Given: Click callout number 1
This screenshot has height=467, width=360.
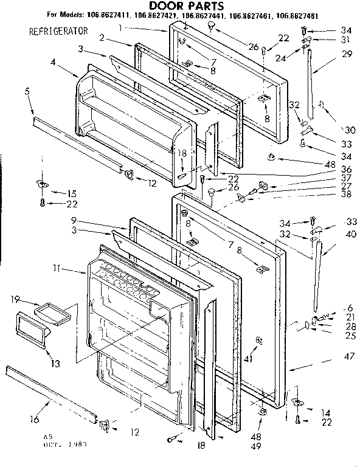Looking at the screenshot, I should tap(122, 27).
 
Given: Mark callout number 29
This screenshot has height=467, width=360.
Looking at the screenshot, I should tap(346, 54).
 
